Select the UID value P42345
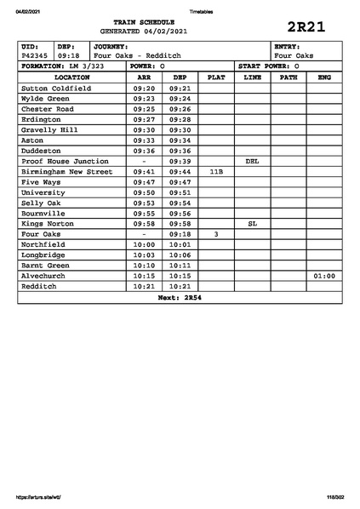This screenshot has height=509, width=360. click(x=35, y=55)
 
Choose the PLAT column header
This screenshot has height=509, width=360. click(x=216, y=77)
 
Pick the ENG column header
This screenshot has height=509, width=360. click(x=323, y=77)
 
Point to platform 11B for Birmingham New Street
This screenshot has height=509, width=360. click(x=216, y=171)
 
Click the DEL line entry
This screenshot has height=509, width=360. click(x=252, y=161)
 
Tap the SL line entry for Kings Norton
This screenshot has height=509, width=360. click(x=252, y=223)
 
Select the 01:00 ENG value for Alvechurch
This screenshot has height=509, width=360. click(x=323, y=276)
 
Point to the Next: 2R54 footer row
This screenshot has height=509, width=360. click(x=180, y=297)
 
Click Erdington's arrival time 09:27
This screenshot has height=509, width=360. click(x=144, y=119)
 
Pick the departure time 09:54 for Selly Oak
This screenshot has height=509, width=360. click(x=180, y=203)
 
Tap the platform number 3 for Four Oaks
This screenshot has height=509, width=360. click(x=216, y=233)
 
